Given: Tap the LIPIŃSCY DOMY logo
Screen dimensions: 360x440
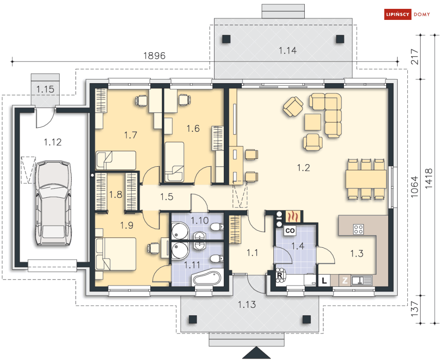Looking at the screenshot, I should (x=405, y=15).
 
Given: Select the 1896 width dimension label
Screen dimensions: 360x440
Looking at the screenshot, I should (x=154, y=56).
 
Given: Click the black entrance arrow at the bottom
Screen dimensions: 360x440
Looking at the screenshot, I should (x=256, y=353).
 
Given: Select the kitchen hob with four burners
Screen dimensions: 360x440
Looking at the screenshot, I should (x=359, y=229).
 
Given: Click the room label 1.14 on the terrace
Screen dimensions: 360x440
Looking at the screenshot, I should (x=287, y=51).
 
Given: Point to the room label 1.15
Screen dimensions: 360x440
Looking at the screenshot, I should (x=45, y=89).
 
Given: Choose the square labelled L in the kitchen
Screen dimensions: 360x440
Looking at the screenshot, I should (x=324, y=280).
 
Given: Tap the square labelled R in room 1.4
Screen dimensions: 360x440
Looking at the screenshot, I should (x=279, y=275).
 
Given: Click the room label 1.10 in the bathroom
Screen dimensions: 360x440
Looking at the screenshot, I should (x=199, y=220).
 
